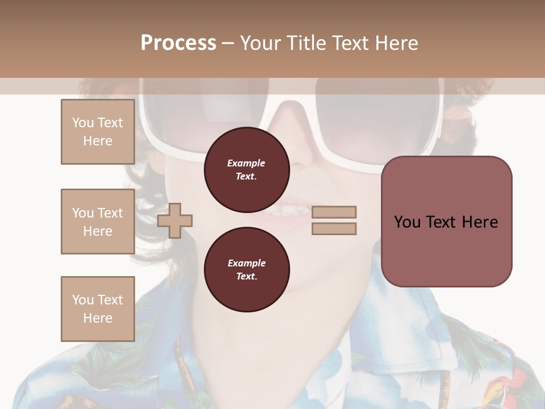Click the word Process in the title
tap(178, 43)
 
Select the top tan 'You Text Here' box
tap(98, 132)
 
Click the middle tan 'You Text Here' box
tap(98, 222)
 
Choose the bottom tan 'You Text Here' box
tap(98, 309)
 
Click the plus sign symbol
tap(175, 220)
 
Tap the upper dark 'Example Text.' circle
tap(246, 170)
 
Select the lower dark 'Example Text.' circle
tap(246, 270)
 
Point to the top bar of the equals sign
tap(334, 212)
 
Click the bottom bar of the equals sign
tap(334, 229)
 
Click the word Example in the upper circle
tap(246, 163)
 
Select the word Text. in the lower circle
tap(246, 277)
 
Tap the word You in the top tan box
tap(83, 123)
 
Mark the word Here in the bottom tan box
tap(98, 318)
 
